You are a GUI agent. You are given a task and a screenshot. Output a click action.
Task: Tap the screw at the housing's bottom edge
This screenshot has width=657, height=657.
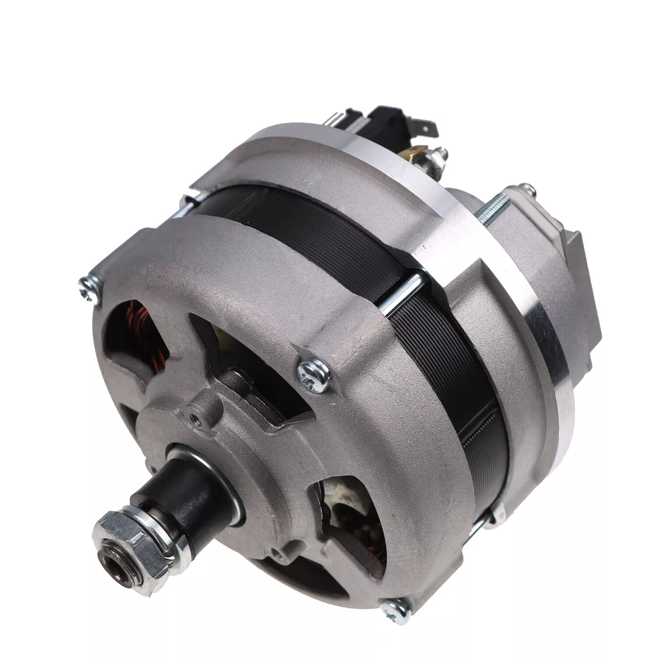point(396,608)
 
